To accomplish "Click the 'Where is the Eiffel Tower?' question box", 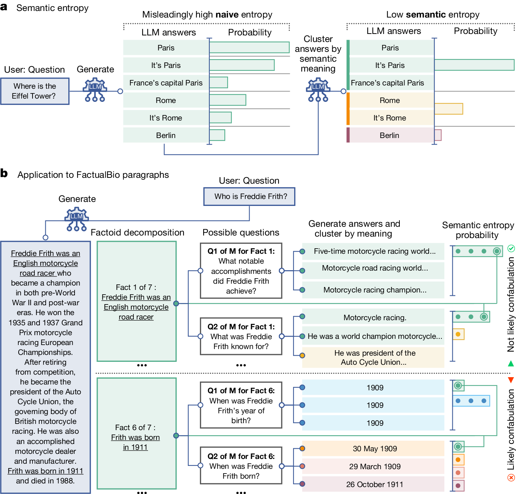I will [x=35, y=91].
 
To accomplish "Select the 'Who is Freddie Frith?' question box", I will [x=249, y=196].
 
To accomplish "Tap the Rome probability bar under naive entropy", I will [x=228, y=100].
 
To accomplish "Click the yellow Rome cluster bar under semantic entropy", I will [x=448, y=109].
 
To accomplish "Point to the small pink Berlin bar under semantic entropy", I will [x=438, y=135].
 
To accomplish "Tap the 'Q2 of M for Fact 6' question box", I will [x=241, y=466].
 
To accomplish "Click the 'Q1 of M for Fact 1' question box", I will [x=241, y=271].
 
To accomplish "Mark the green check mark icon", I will [x=511, y=248].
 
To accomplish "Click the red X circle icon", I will [x=511, y=477].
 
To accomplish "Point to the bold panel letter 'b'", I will [x=4, y=173].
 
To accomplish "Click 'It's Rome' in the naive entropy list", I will [x=166, y=118].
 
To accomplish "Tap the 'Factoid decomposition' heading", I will [x=137, y=233].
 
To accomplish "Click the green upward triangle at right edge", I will [x=511, y=363].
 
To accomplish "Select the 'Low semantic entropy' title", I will [x=433, y=15].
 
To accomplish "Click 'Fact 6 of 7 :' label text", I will [x=135, y=428].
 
